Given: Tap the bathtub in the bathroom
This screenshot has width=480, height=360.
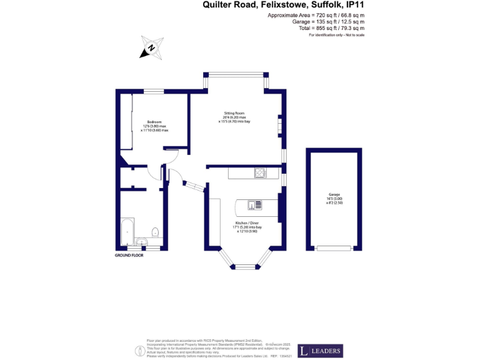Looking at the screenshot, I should click(127, 232).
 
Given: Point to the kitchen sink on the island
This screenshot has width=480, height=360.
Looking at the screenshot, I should click(255, 204).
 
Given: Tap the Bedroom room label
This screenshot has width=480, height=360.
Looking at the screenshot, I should click(154, 121).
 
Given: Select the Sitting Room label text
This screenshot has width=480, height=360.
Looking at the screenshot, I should click(235, 113).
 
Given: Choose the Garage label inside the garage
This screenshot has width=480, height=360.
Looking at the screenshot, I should click(334, 195).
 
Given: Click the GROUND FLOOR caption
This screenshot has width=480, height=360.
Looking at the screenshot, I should click(129, 256).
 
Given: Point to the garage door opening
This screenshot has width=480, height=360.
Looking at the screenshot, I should click(334, 248).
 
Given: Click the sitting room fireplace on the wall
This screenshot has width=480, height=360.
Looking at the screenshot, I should click(280, 126).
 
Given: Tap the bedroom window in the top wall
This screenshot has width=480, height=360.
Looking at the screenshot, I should click(154, 92).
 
